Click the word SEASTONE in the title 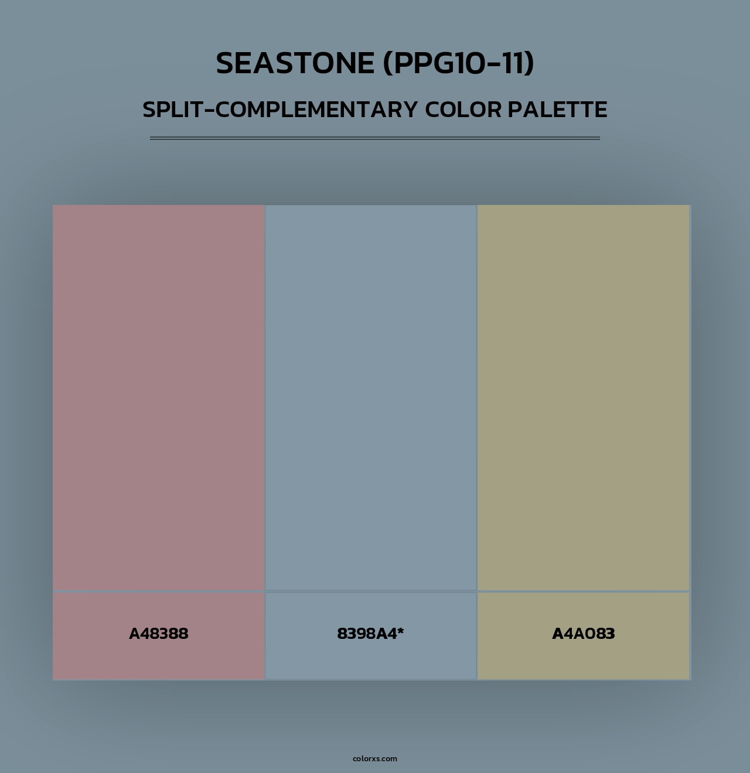click(295, 63)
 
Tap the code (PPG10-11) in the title click(458, 63)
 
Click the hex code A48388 click(158, 634)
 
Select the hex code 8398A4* click(370, 634)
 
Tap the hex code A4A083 click(584, 634)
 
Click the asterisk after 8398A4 click(401, 631)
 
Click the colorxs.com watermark click(375, 758)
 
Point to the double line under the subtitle click(375, 138)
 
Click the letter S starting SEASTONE click(226, 63)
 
